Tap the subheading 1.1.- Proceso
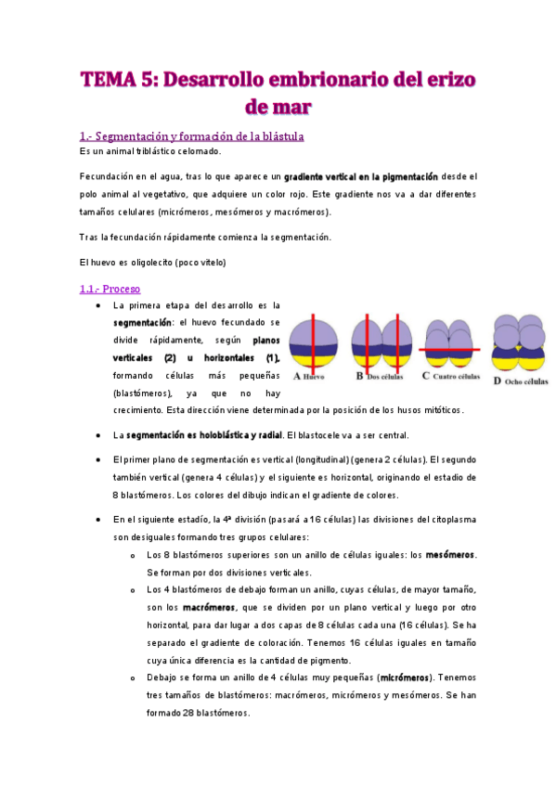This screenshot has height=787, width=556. click(x=110, y=289)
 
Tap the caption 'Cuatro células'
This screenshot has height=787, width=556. click(x=456, y=377)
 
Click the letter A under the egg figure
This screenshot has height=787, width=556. click(x=296, y=377)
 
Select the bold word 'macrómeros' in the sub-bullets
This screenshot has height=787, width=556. click(x=209, y=607)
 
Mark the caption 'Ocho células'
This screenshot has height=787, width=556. click(x=526, y=381)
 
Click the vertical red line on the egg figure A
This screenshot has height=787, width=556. click(x=316, y=343)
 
